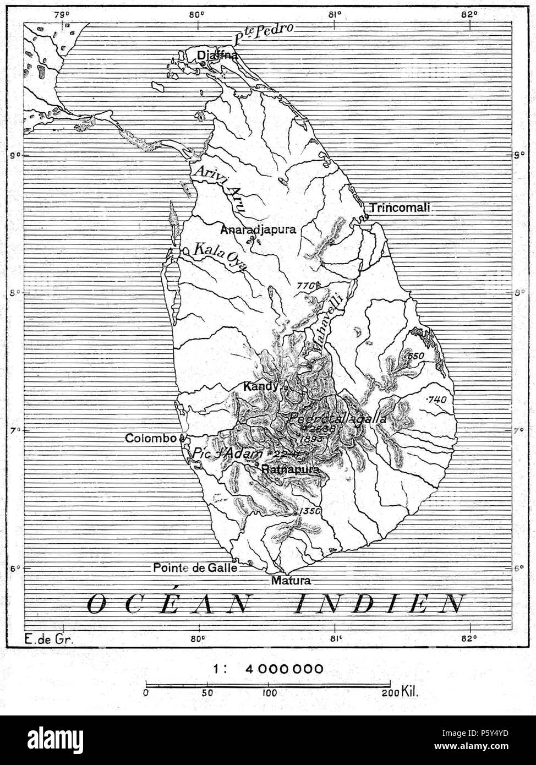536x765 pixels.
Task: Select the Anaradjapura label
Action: tap(258, 229)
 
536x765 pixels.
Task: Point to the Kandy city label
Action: tap(260, 387)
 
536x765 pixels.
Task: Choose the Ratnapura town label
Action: tap(291, 470)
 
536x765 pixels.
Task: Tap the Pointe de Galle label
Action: tap(195, 567)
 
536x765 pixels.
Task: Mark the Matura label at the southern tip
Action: tap(291, 581)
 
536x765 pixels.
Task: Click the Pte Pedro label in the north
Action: tap(264, 33)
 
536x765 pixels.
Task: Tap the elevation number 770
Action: tap(306, 286)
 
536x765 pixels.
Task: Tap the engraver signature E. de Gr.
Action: tap(49, 639)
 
